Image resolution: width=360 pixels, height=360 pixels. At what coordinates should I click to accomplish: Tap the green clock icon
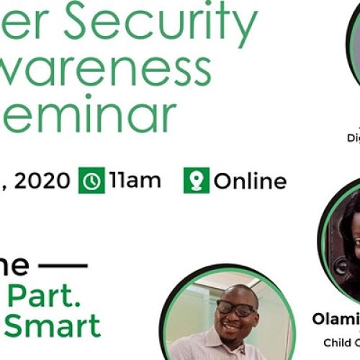[91, 181]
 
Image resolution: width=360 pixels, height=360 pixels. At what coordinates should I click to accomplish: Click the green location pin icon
[196, 181]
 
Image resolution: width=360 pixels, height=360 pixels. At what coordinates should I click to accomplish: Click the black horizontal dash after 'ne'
[62, 265]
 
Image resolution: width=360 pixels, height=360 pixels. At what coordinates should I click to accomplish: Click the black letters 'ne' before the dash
[14, 265]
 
